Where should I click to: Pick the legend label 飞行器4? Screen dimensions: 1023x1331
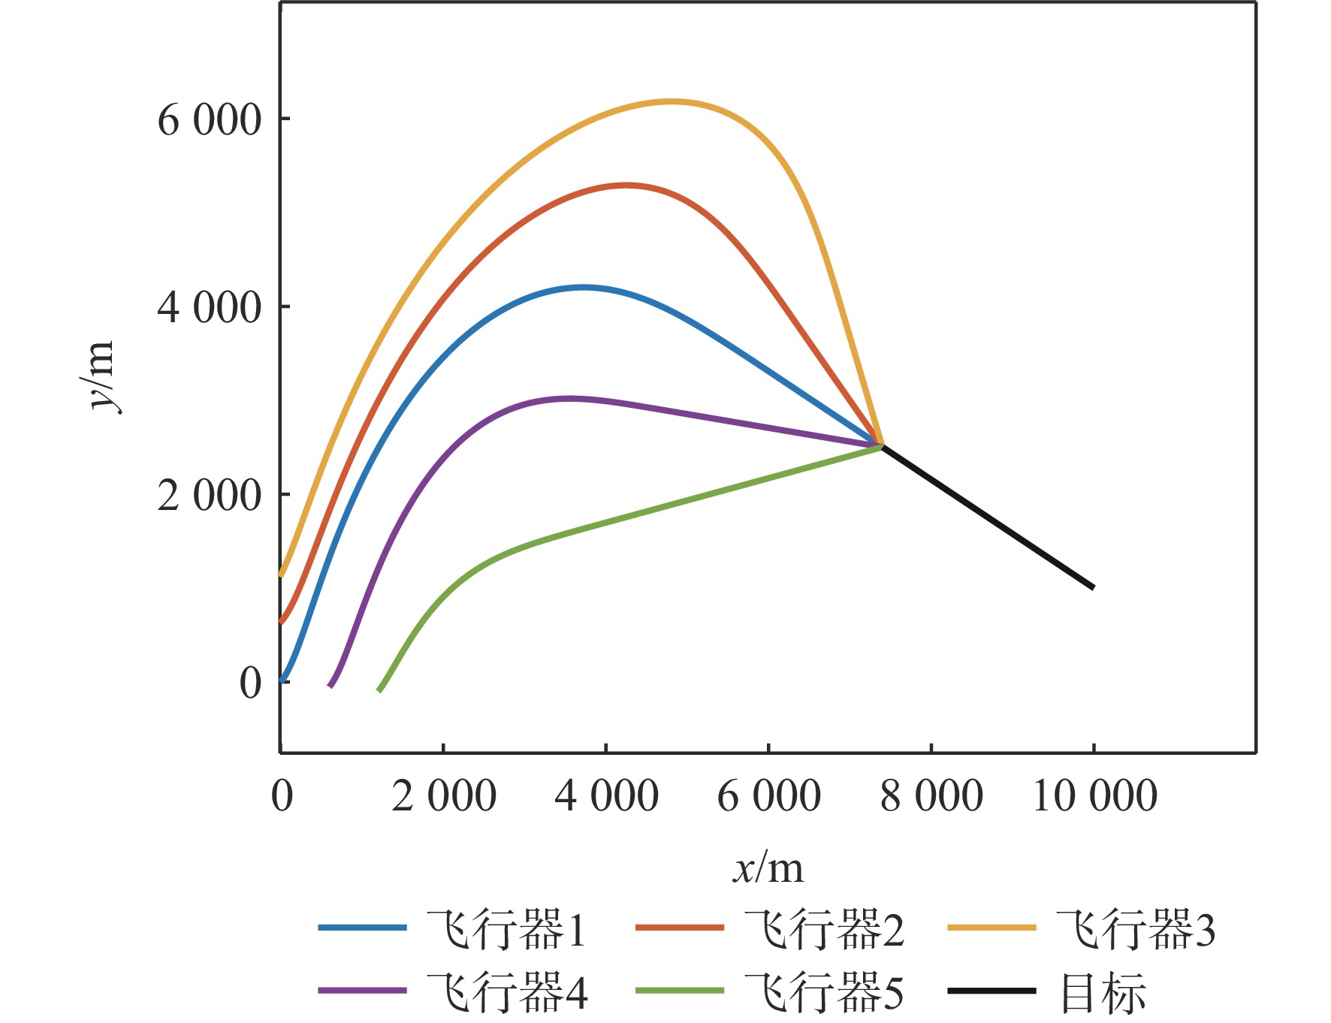(x=507, y=991)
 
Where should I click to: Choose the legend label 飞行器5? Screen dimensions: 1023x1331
(x=824, y=991)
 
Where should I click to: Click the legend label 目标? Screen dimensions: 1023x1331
(x=1102, y=991)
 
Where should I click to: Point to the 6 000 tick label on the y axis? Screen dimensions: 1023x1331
(x=209, y=119)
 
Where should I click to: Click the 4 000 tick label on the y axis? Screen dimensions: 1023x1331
(x=209, y=307)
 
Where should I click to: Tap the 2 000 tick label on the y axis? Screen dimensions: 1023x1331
(x=209, y=495)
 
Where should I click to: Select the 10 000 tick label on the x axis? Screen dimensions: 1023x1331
(x=1094, y=796)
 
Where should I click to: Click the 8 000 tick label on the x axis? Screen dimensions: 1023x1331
(x=931, y=796)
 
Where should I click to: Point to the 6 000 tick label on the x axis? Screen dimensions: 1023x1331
(x=768, y=796)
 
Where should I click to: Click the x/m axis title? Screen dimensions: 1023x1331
(x=768, y=868)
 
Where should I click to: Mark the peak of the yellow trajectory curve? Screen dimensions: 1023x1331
(x=671, y=101)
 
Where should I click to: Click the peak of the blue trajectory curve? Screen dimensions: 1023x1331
(x=583, y=287)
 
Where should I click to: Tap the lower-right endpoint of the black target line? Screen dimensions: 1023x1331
(x=1093, y=587)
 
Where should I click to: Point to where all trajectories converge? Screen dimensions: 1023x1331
(x=880, y=446)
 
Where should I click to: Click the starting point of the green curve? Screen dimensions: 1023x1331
(x=379, y=690)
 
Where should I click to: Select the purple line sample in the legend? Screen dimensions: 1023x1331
(x=362, y=991)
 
